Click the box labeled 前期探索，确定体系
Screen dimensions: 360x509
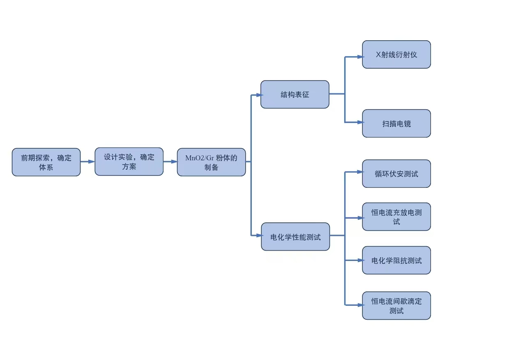[x=46, y=162]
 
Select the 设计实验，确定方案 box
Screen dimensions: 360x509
[x=129, y=162]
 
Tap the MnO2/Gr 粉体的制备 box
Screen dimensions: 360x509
[x=211, y=162]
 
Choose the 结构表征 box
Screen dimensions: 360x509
[x=295, y=95]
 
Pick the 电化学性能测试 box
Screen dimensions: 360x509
[x=295, y=237]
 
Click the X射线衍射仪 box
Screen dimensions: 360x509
[x=396, y=54]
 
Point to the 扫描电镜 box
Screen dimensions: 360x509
[x=396, y=123]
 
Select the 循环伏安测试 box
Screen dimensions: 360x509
[x=396, y=174]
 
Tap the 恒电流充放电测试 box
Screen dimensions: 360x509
[x=396, y=217]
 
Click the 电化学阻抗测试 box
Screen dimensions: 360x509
[x=396, y=260]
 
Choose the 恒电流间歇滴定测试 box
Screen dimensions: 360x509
[x=396, y=305]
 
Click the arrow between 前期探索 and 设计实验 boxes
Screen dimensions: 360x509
[x=88, y=162]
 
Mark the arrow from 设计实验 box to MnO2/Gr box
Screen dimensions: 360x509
[x=170, y=162]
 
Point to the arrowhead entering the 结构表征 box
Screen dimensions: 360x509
[x=259, y=95]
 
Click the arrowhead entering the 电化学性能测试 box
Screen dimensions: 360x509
[x=259, y=235]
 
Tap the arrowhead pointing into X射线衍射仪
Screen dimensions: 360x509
[x=360, y=57]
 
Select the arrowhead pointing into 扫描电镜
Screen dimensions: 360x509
[x=360, y=122]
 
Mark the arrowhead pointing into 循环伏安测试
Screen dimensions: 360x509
[x=360, y=172]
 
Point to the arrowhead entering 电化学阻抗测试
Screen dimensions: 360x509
[x=360, y=260]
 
